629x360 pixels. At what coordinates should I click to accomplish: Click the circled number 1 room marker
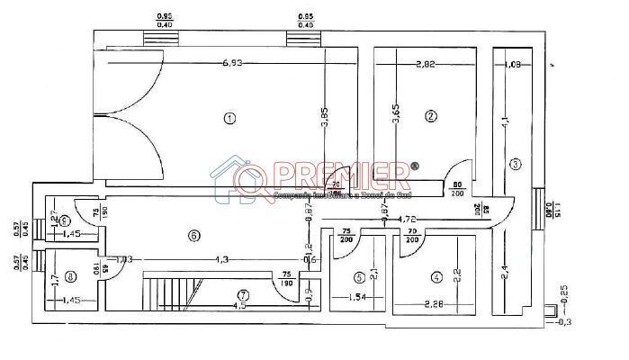pyautogui.click(x=230, y=118)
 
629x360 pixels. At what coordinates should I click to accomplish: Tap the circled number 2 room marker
pyautogui.click(x=431, y=115)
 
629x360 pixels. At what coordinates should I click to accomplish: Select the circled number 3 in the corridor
pyautogui.click(x=515, y=164)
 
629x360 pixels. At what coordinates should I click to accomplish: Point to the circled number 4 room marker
pyautogui.click(x=436, y=278)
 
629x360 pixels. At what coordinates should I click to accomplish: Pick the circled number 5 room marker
pyautogui.click(x=359, y=278)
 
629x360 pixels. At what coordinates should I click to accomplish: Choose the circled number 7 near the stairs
pyautogui.click(x=242, y=294)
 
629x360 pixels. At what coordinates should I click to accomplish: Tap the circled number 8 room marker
pyautogui.click(x=70, y=277)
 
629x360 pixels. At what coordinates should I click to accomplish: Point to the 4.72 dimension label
pyautogui.click(x=408, y=219)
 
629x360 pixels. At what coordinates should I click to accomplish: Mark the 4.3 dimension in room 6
pyautogui.click(x=220, y=259)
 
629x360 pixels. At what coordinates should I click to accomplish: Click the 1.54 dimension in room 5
pyautogui.click(x=357, y=296)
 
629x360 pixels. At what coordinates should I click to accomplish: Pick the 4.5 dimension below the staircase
pyautogui.click(x=239, y=306)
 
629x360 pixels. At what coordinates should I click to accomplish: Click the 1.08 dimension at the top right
pyautogui.click(x=514, y=64)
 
